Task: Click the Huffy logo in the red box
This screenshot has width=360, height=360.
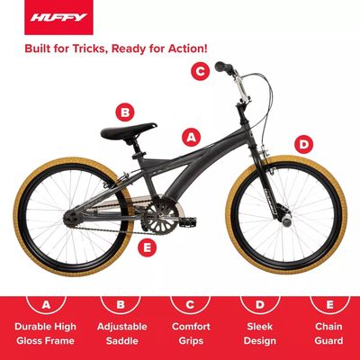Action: [58, 17]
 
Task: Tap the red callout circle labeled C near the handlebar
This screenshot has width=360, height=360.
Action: [200, 71]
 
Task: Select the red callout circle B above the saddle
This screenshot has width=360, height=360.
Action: [125, 112]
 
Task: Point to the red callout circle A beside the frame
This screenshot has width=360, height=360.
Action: [192, 138]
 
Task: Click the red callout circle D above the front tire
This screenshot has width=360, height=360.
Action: [303, 145]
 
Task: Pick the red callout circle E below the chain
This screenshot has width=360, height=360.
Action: [147, 247]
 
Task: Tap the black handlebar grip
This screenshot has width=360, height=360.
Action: [223, 67]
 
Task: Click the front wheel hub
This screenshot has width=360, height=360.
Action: [286, 221]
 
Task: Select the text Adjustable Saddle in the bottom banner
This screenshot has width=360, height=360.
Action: [122, 334]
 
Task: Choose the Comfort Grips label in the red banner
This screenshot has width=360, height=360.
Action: [191, 334]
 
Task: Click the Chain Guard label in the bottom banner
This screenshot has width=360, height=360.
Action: [328, 334]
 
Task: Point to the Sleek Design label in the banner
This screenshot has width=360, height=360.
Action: [260, 334]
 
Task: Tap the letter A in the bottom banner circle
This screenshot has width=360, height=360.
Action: [46, 304]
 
